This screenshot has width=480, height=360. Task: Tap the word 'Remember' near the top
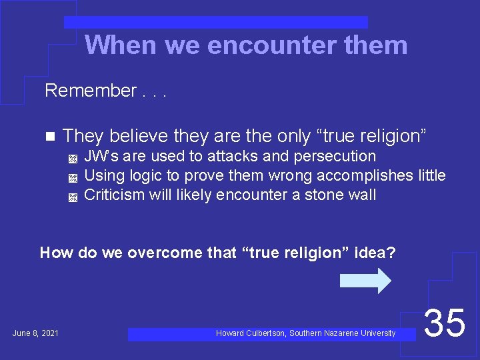(x=90, y=91)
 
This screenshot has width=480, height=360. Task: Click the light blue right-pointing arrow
(x=365, y=281)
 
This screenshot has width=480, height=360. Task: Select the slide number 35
(x=445, y=323)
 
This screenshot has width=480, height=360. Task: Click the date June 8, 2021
(x=35, y=333)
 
